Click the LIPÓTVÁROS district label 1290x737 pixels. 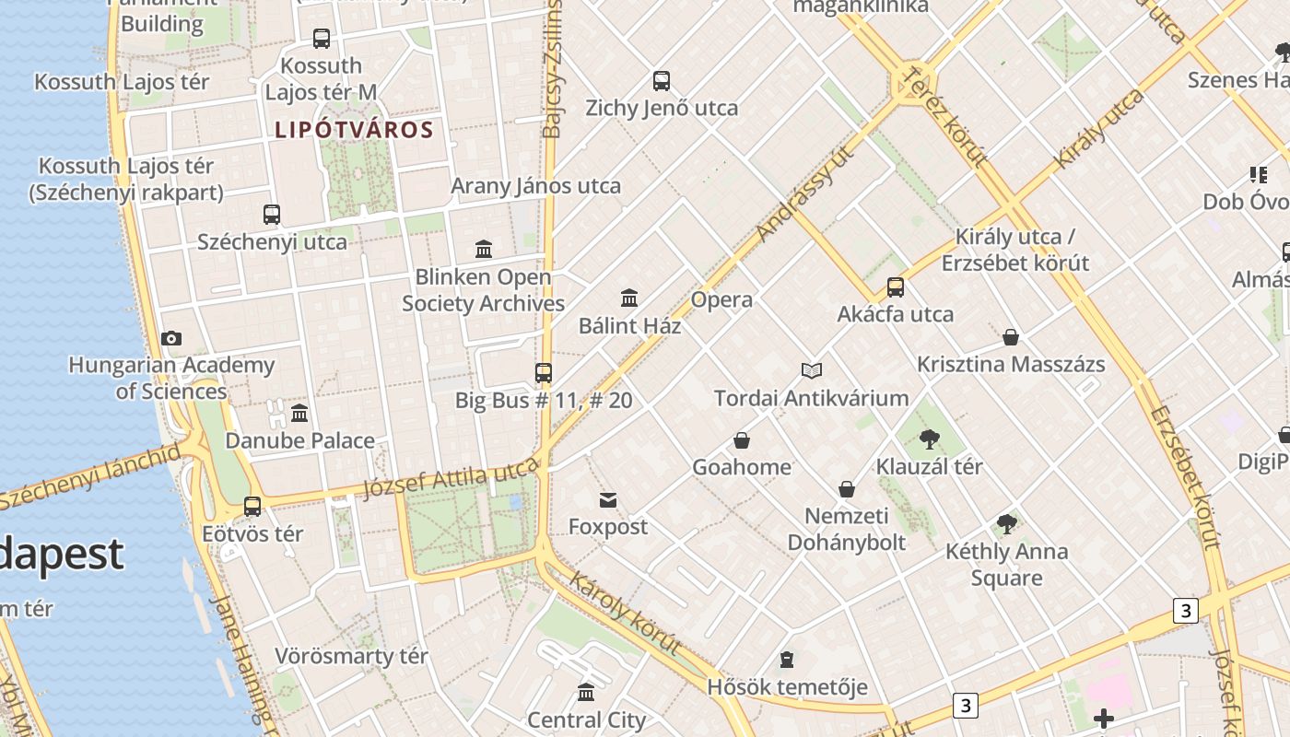pyautogui.click(x=354, y=130)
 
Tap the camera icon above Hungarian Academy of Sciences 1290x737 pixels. pyautogui.click(x=171, y=338)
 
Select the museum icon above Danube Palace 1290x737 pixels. pyautogui.click(x=299, y=413)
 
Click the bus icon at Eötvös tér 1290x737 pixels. pyautogui.click(x=252, y=506)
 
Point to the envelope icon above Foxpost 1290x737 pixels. pyautogui.click(x=608, y=500)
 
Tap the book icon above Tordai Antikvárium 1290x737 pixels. pyautogui.click(x=811, y=370)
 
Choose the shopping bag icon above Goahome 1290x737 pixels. pyautogui.click(x=742, y=440)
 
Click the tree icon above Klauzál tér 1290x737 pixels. pyautogui.click(x=929, y=439)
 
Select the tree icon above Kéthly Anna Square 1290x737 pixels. pyautogui.click(x=1006, y=524)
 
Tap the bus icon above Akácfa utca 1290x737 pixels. pyautogui.click(x=896, y=287)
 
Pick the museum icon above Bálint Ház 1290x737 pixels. pyautogui.click(x=630, y=298)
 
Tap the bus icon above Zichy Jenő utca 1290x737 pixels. pyautogui.click(x=662, y=80)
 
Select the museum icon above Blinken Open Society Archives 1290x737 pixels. pyautogui.click(x=484, y=249)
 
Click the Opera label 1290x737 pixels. pyautogui.click(x=721, y=299)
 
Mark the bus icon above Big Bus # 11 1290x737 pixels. pyautogui.click(x=544, y=373)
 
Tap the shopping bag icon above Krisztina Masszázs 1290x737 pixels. pyautogui.click(x=1011, y=337)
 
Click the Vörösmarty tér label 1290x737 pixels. pyautogui.click(x=351, y=657)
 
